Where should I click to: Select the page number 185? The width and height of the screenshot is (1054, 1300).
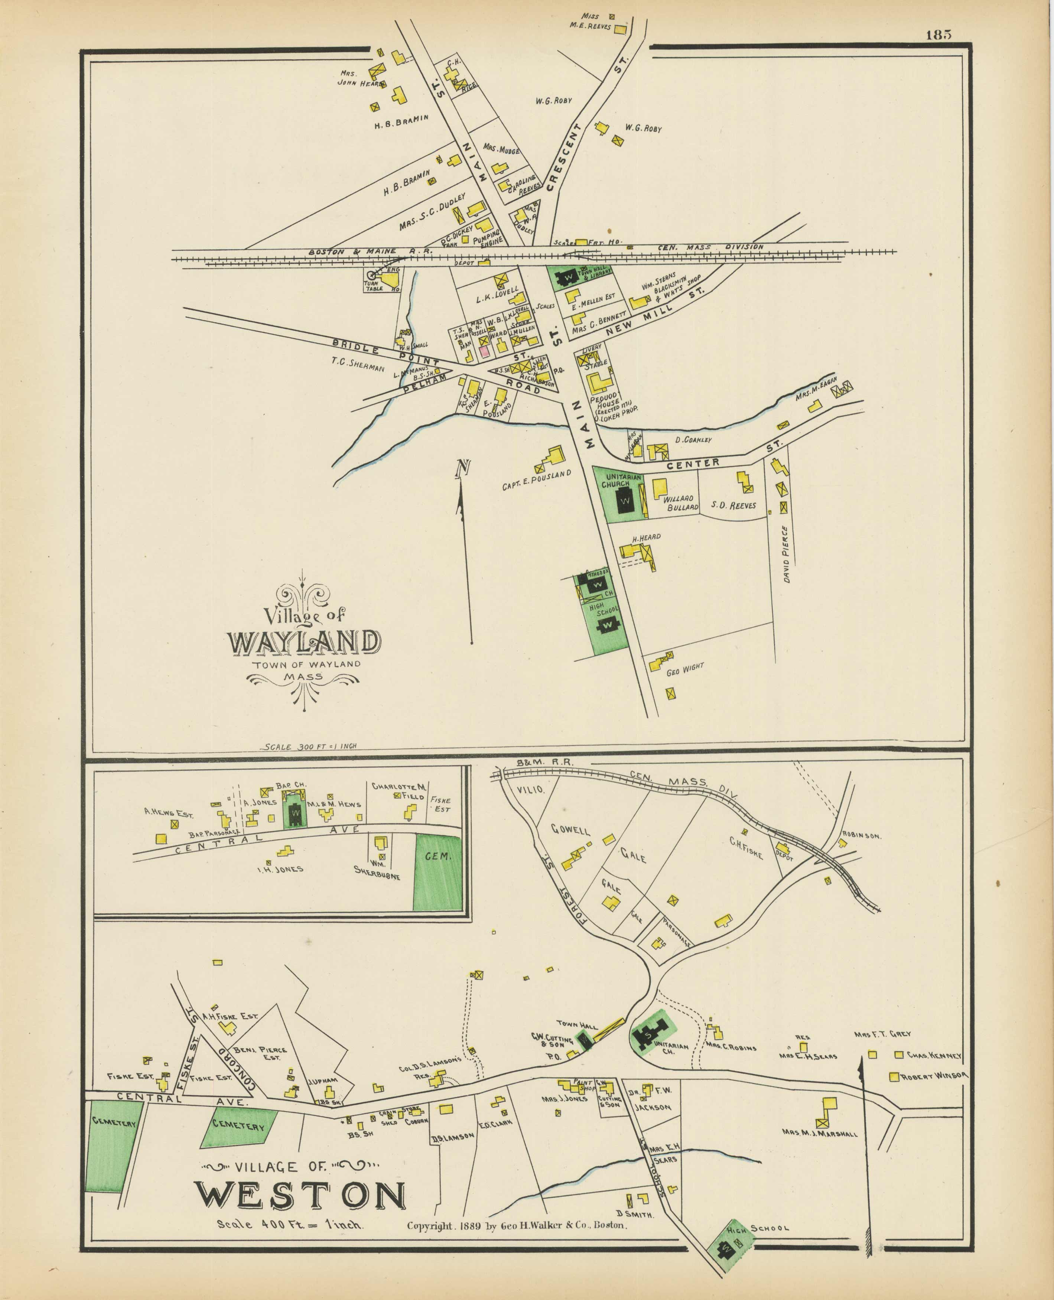click(938, 35)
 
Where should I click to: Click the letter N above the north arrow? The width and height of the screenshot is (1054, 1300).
click(463, 468)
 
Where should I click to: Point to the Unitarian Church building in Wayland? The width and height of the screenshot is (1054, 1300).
click(625, 501)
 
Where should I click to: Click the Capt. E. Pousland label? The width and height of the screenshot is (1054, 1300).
click(537, 480)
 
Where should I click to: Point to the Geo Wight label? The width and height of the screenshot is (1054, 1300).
click(685, 669)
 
